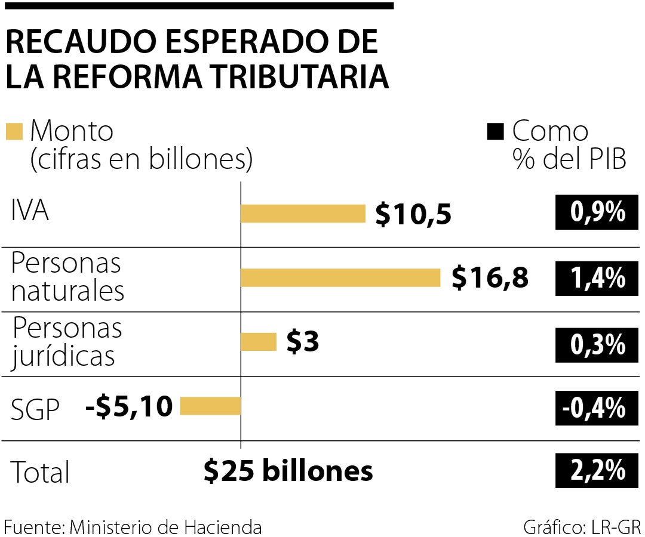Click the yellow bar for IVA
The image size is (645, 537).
point(303,213)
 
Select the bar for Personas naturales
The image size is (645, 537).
point(340,277)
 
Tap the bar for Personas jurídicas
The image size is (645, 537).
point(258,342)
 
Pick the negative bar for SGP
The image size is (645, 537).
point(210,406)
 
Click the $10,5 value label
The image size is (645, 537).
point(413,214)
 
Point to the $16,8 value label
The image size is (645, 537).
point(490,278)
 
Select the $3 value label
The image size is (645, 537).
point(303,342)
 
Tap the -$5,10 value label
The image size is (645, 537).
point(130,407)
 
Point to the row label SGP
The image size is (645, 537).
point(36,410)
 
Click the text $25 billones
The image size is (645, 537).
point(288,471)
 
